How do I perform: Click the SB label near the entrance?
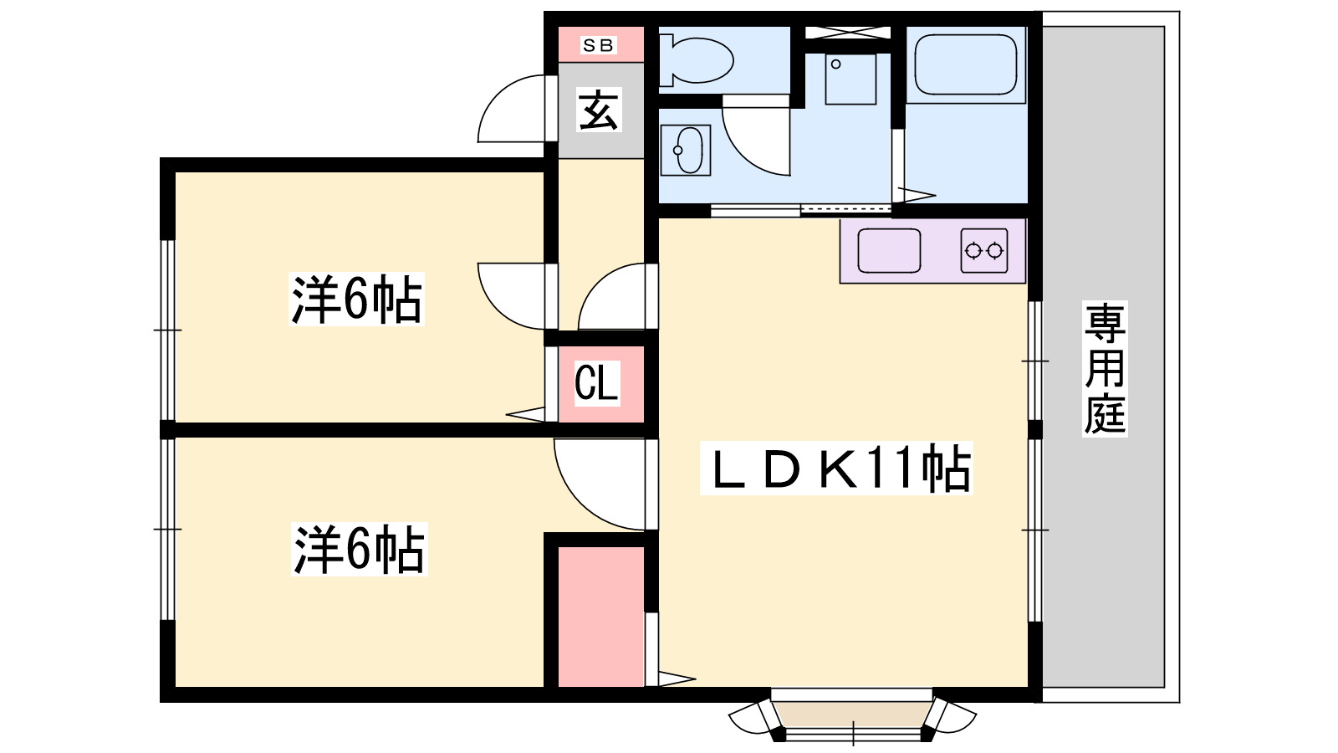coord(598,45)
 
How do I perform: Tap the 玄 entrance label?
coord(599,110)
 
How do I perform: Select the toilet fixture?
coord(695,59)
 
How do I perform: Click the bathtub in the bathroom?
coord(965,64)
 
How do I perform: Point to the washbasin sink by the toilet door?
coord(686,150)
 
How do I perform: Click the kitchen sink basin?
coord(889,251)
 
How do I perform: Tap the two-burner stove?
coord(984,251)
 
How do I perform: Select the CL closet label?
coord(597,384)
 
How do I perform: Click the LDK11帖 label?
coord(836,469)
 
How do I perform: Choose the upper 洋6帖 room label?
coord(356,299)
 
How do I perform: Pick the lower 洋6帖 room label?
coord(360,549)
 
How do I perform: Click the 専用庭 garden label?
coord(1105,369)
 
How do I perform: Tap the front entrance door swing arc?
coord(511,109)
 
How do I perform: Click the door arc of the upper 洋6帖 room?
coord(511,296)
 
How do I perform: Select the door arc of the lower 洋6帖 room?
coord(600,484)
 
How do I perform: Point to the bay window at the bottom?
coord(852,716)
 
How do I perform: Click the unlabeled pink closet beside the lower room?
coord(601,617)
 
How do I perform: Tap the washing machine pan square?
coord(850,79)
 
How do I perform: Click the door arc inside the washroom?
coord(756,141)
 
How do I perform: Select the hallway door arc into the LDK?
coord(611,296)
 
